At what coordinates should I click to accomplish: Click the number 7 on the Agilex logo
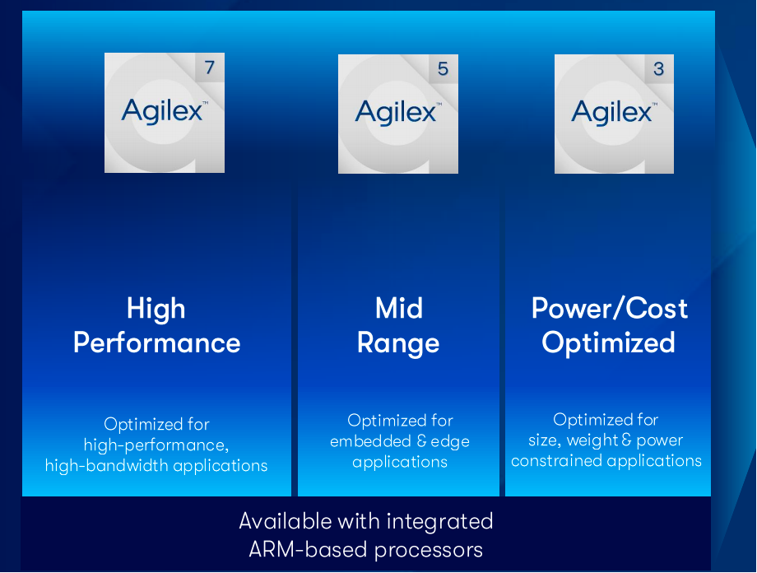(x=210, y=68)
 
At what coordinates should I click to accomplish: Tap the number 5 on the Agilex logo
(x=444, y=68)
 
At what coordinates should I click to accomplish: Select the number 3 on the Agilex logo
(x=658, y=68)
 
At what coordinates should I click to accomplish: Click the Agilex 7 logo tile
(x=165, y=113)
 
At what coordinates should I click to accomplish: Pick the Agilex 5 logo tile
(x=397, y=114)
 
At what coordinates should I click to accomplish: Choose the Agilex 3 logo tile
(x=614, y=114)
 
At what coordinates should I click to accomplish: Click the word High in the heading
(x=156, y=309)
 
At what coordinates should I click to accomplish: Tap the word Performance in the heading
(x=157, y=343)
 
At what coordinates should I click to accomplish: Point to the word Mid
(x=399, y=308)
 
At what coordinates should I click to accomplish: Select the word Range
(x=398, y=344)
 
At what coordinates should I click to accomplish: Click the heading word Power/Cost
(x=609, y=308)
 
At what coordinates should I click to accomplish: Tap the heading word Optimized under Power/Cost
(x=608, y=343)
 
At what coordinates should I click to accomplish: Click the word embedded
(x=371, y=441)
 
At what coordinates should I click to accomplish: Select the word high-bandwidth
(x=107, y=465)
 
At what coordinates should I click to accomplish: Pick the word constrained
(x=557, y=461)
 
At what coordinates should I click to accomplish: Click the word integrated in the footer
(x=440, y=522)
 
